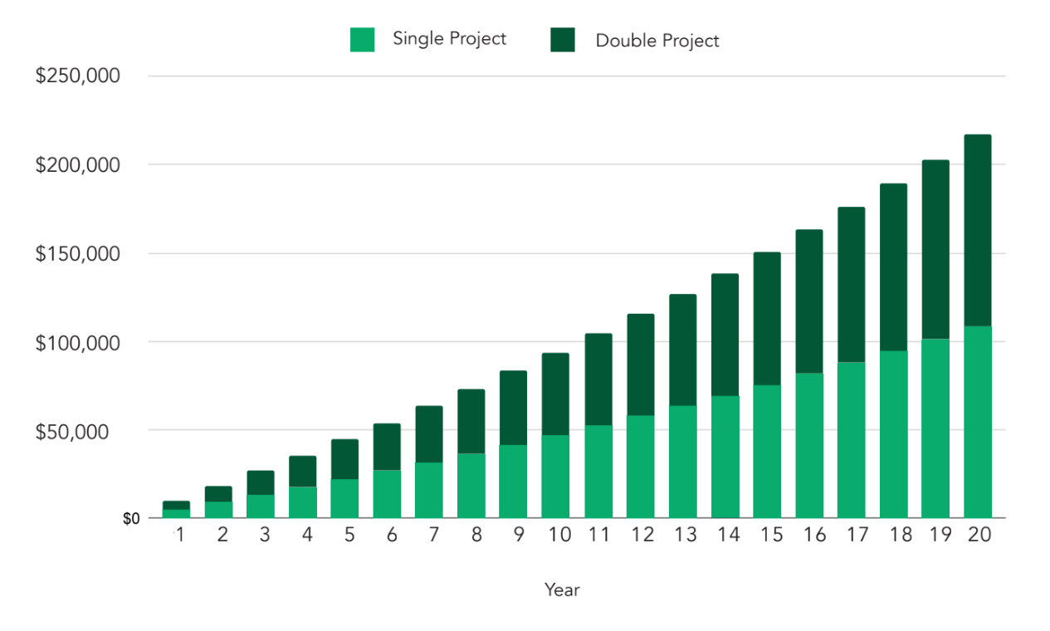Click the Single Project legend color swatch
362,40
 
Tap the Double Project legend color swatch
562,40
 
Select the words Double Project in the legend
657,40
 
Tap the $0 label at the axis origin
131,519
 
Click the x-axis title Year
562,589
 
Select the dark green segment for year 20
977,230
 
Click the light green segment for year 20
977,422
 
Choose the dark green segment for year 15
767,318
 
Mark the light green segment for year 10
555,477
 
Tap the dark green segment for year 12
640,364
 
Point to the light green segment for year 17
851,440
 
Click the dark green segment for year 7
429,434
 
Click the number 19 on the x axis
935,536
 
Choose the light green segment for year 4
303,502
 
